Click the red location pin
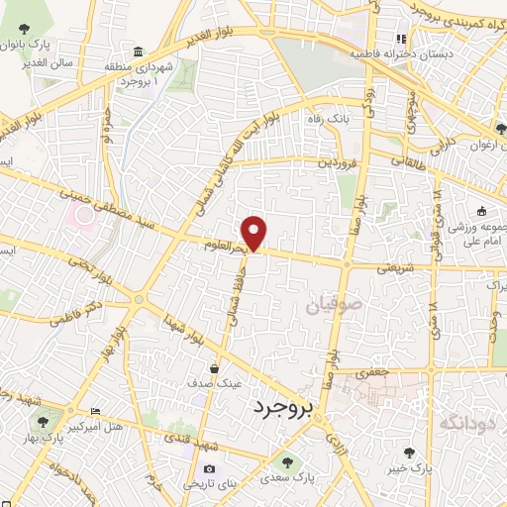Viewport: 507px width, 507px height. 254,232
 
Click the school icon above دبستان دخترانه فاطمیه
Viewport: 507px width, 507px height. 400,40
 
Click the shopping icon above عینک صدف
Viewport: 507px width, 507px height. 214,369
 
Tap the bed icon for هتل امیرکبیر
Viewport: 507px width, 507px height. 95,411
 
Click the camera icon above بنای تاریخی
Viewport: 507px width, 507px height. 209,468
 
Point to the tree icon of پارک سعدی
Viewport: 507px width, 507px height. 288,461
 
